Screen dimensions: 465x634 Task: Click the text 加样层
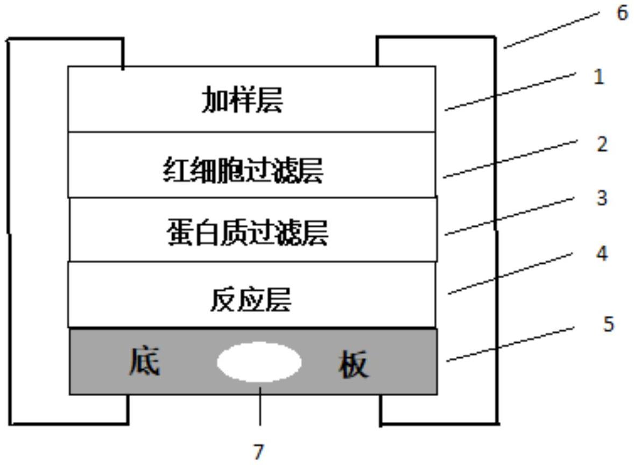[x=242, y=101]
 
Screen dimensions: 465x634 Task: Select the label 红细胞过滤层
[x=243, y=172]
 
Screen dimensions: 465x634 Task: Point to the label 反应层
[x=250, y=300]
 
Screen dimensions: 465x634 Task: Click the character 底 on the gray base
[x=144, y=362]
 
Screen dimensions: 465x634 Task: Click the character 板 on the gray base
[x=354, y=364]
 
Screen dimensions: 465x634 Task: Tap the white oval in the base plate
[x=259, y=362]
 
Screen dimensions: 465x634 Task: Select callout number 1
[x=598, y=77]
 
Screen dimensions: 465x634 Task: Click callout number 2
[x=602, y=144]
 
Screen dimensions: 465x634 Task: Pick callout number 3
[x=602, y=198]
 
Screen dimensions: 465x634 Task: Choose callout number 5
[x=608, y=325]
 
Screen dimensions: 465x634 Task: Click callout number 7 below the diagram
[x=259, y=451]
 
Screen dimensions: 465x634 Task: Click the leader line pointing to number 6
[x=552, y=29]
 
